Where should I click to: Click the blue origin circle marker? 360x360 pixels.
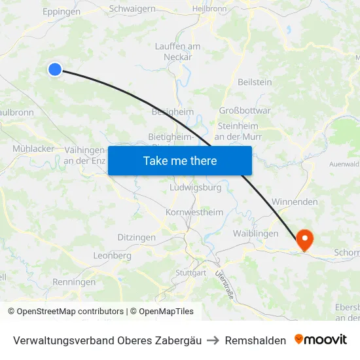click(x=55, y=69)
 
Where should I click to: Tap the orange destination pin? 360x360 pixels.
click(x=305, y=240)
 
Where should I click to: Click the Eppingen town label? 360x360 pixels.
click(x=61, y=11)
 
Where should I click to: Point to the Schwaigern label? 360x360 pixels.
click(x=133, y=9)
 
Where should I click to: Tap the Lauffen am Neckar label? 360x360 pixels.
click(x=178, y=51)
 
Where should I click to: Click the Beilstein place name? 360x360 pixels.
click(x=255, y=82)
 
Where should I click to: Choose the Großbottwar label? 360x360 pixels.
click(x=244, y=110)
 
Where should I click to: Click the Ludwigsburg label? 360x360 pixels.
click(x=195, y=187)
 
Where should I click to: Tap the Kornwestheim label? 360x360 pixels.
click(x=194, y=212)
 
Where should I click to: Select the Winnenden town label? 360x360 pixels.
click(x=294, y=202)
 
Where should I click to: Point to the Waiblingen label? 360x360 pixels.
click(x=255, y=233)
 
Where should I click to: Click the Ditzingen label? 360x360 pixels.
click(x=136, y=237)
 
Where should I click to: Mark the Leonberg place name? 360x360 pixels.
click(x=113, y=255)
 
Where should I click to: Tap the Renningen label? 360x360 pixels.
click(x=74, y=282)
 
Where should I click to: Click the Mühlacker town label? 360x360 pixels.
click(x=33, y=149)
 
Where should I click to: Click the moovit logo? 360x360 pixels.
click(x=320, y=340)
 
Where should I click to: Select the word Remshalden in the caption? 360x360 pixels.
click(x=255, y=340)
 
